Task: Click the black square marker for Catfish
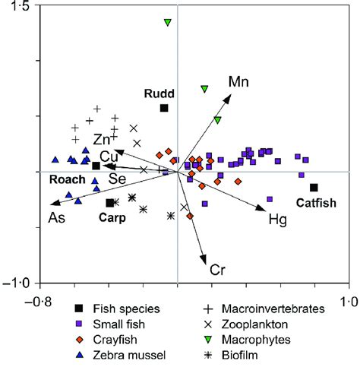[x=314, y=188]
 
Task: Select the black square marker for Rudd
[x=163, y=108]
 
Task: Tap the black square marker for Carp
[x=110, y=202]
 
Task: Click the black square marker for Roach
[x=96, y=166]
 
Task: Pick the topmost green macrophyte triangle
[x=168, y=23]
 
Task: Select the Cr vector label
[x=218, y=269]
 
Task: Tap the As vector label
[x=56, y=219]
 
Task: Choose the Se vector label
[x=116, y=179]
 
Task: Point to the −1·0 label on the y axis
[x=17, y=283]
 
